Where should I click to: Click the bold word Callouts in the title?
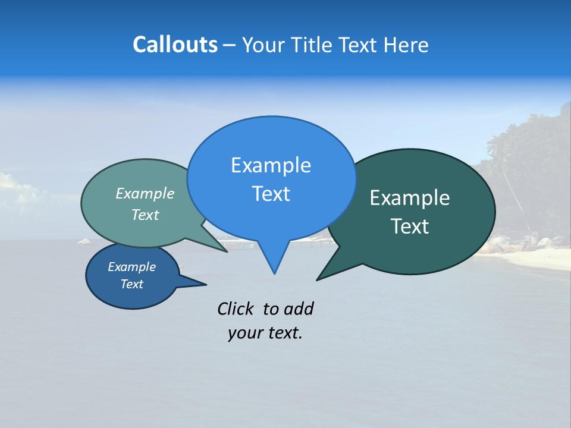coord(175,45)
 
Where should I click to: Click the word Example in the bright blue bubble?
coord(271,165)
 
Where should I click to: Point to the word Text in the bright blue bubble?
coord(271,194)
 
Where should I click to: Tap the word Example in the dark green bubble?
coord(410,198)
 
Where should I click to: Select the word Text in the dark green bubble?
coord(410,226)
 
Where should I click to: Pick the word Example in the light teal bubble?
coord(145,193)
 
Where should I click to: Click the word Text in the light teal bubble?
coord(145,215)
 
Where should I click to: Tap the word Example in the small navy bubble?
coord(131,267)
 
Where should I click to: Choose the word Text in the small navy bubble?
coord(131,284)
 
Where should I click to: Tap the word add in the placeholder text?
coord(299,309)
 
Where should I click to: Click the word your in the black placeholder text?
coord(244,333)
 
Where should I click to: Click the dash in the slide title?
coord(230,45)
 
